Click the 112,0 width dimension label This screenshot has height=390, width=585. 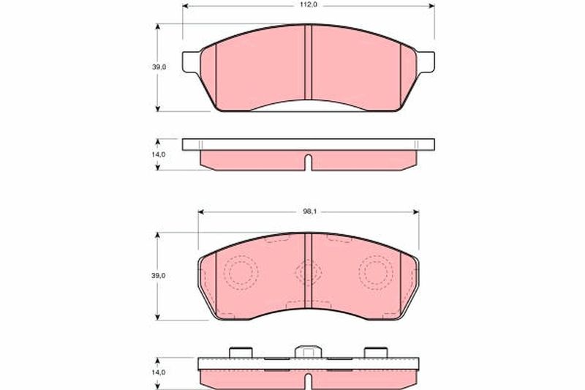pos(308,5)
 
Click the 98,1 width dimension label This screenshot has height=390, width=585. pos(308,211)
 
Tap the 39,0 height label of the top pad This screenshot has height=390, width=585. pos(159,67)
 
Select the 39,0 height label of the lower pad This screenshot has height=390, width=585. pos(159,276)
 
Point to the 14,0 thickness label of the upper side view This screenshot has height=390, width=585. pos(158,154)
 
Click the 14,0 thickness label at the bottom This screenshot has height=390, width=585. pos(158,372)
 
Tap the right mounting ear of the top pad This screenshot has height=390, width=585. pos(426,61)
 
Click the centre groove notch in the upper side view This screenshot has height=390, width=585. pos(308,162)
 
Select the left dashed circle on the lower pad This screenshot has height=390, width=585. pos(241,273)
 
